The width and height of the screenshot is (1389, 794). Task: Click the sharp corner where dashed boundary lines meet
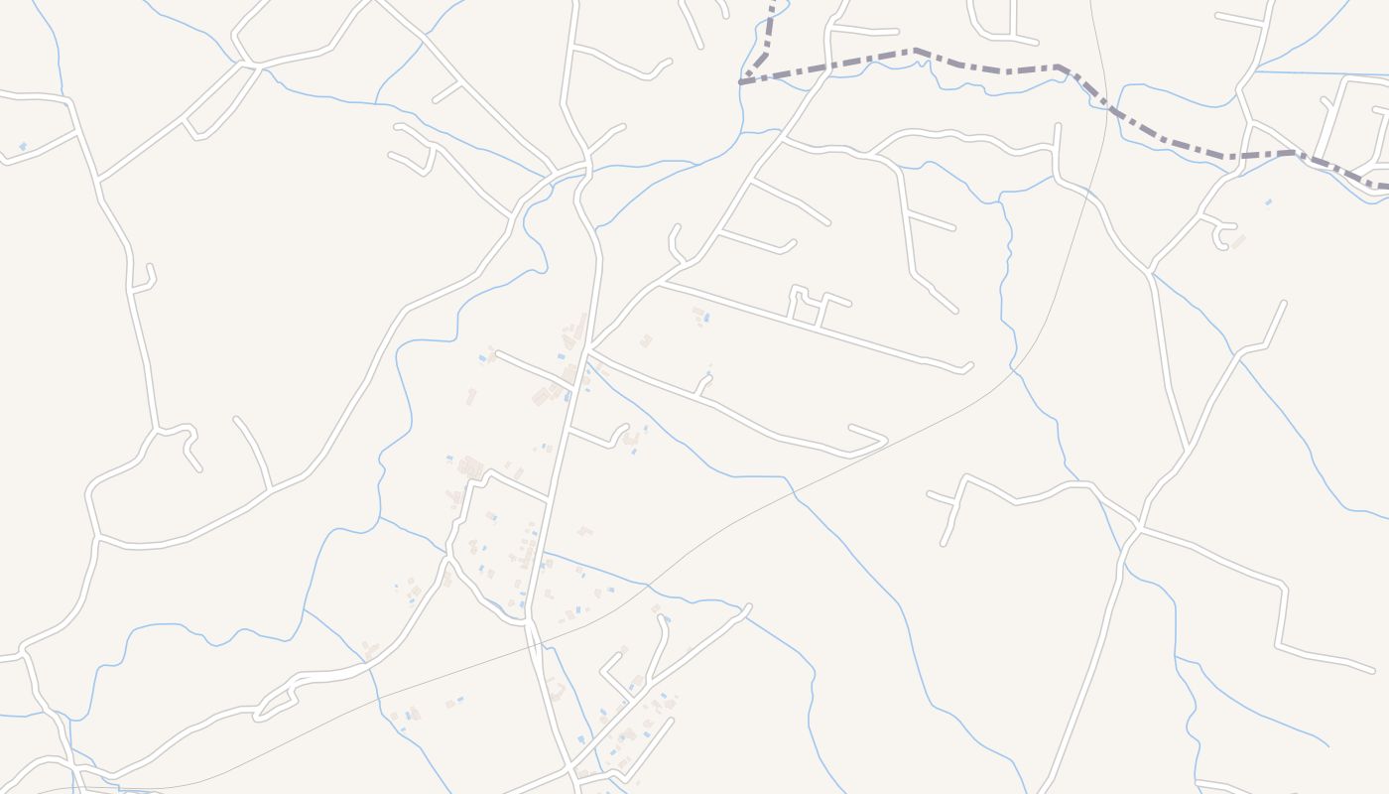coord(741,82)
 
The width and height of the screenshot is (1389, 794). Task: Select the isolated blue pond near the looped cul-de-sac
coord(1268,202)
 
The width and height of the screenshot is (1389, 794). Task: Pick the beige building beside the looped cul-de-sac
coord(1238,240)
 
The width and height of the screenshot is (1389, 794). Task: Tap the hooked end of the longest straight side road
coord(966,368)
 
